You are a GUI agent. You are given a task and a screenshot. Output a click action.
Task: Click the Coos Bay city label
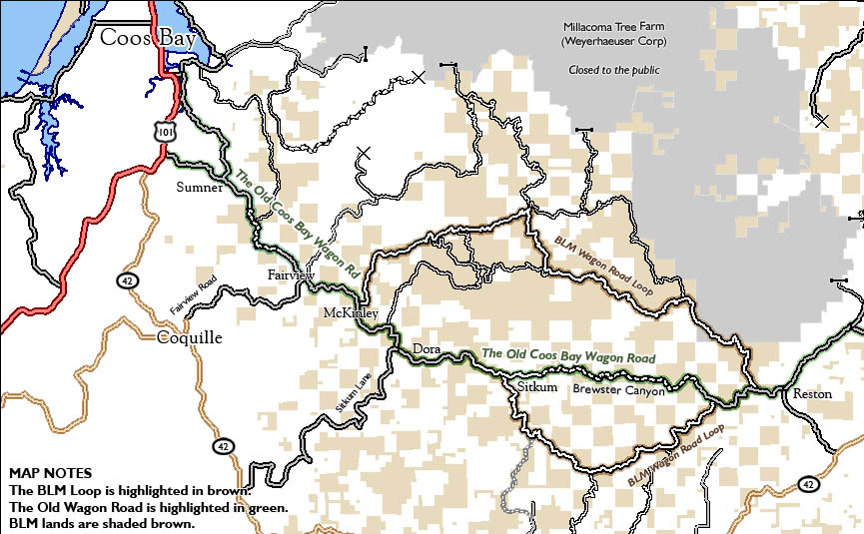click(x=148, y=38)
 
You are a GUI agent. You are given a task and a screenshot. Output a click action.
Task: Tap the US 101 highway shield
click(x=164, y=131)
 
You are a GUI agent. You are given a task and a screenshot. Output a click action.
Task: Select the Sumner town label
click(x=199, y=188)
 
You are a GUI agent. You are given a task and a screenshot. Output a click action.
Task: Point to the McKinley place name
click(x=350, y=313)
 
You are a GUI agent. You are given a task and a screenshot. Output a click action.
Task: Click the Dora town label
click(x=428, y=348)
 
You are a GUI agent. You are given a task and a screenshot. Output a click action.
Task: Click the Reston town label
click(x=811, y=393)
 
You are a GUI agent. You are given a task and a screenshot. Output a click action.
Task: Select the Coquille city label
click(x=190, y=337)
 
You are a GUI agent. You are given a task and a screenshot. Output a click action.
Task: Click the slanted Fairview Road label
click(x=193, y=296)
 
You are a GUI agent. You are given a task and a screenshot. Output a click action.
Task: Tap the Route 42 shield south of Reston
click(x=808, y=484)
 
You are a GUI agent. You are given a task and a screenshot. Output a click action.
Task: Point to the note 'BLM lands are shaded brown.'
click(x=101, y=522)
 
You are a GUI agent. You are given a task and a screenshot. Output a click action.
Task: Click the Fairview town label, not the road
click(x=291, y=274)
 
